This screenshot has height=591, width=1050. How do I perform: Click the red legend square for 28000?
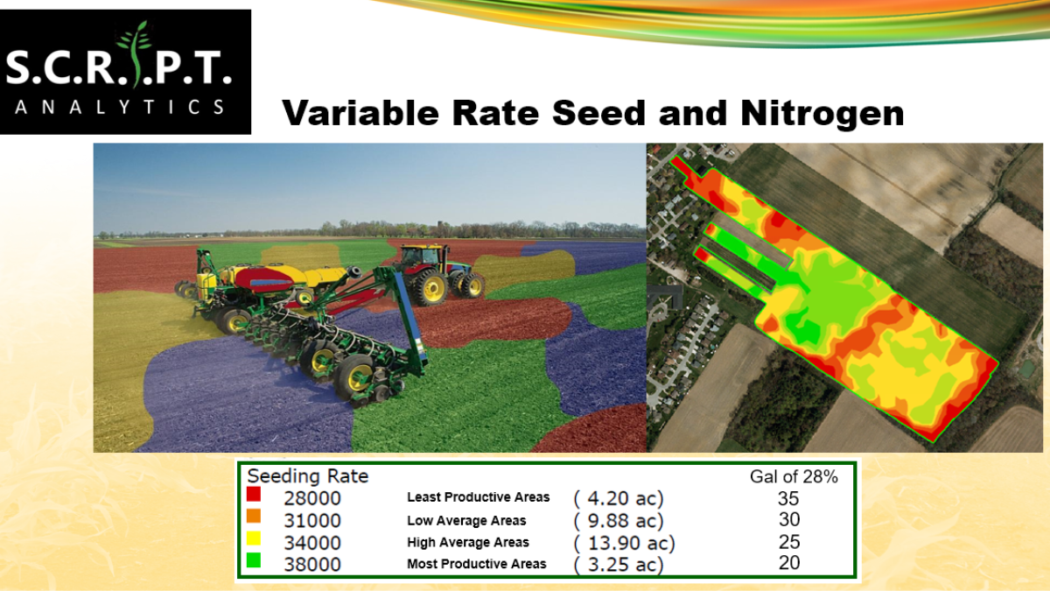click(254, 494)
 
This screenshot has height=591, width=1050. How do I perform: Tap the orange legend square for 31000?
click(254, 516)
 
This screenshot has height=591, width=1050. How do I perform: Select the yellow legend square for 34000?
click(254, 538)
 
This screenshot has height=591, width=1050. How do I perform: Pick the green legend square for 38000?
click(254, 560)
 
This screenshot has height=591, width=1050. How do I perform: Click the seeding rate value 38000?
click(312, 564)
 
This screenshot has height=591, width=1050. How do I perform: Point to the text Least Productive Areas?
click(478, 497)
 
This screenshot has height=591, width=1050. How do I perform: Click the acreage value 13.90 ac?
click(625, 543)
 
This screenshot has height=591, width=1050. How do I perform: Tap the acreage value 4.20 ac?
click(619, 498)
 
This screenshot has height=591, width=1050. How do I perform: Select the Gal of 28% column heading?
click(794, 476)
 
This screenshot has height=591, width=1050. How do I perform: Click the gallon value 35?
click(788, 498)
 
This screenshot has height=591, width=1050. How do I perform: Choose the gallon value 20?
click(789, 563)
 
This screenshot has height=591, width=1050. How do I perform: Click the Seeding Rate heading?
click(308, 476)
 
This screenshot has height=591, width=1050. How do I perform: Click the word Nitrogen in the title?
click(822, 114)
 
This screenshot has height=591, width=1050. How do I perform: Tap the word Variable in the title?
click(360, 113)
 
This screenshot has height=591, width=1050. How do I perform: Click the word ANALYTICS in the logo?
click(120, 108)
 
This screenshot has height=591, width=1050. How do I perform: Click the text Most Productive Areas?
click(477, 564)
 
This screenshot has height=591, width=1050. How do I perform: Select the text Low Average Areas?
click(466, 521)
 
